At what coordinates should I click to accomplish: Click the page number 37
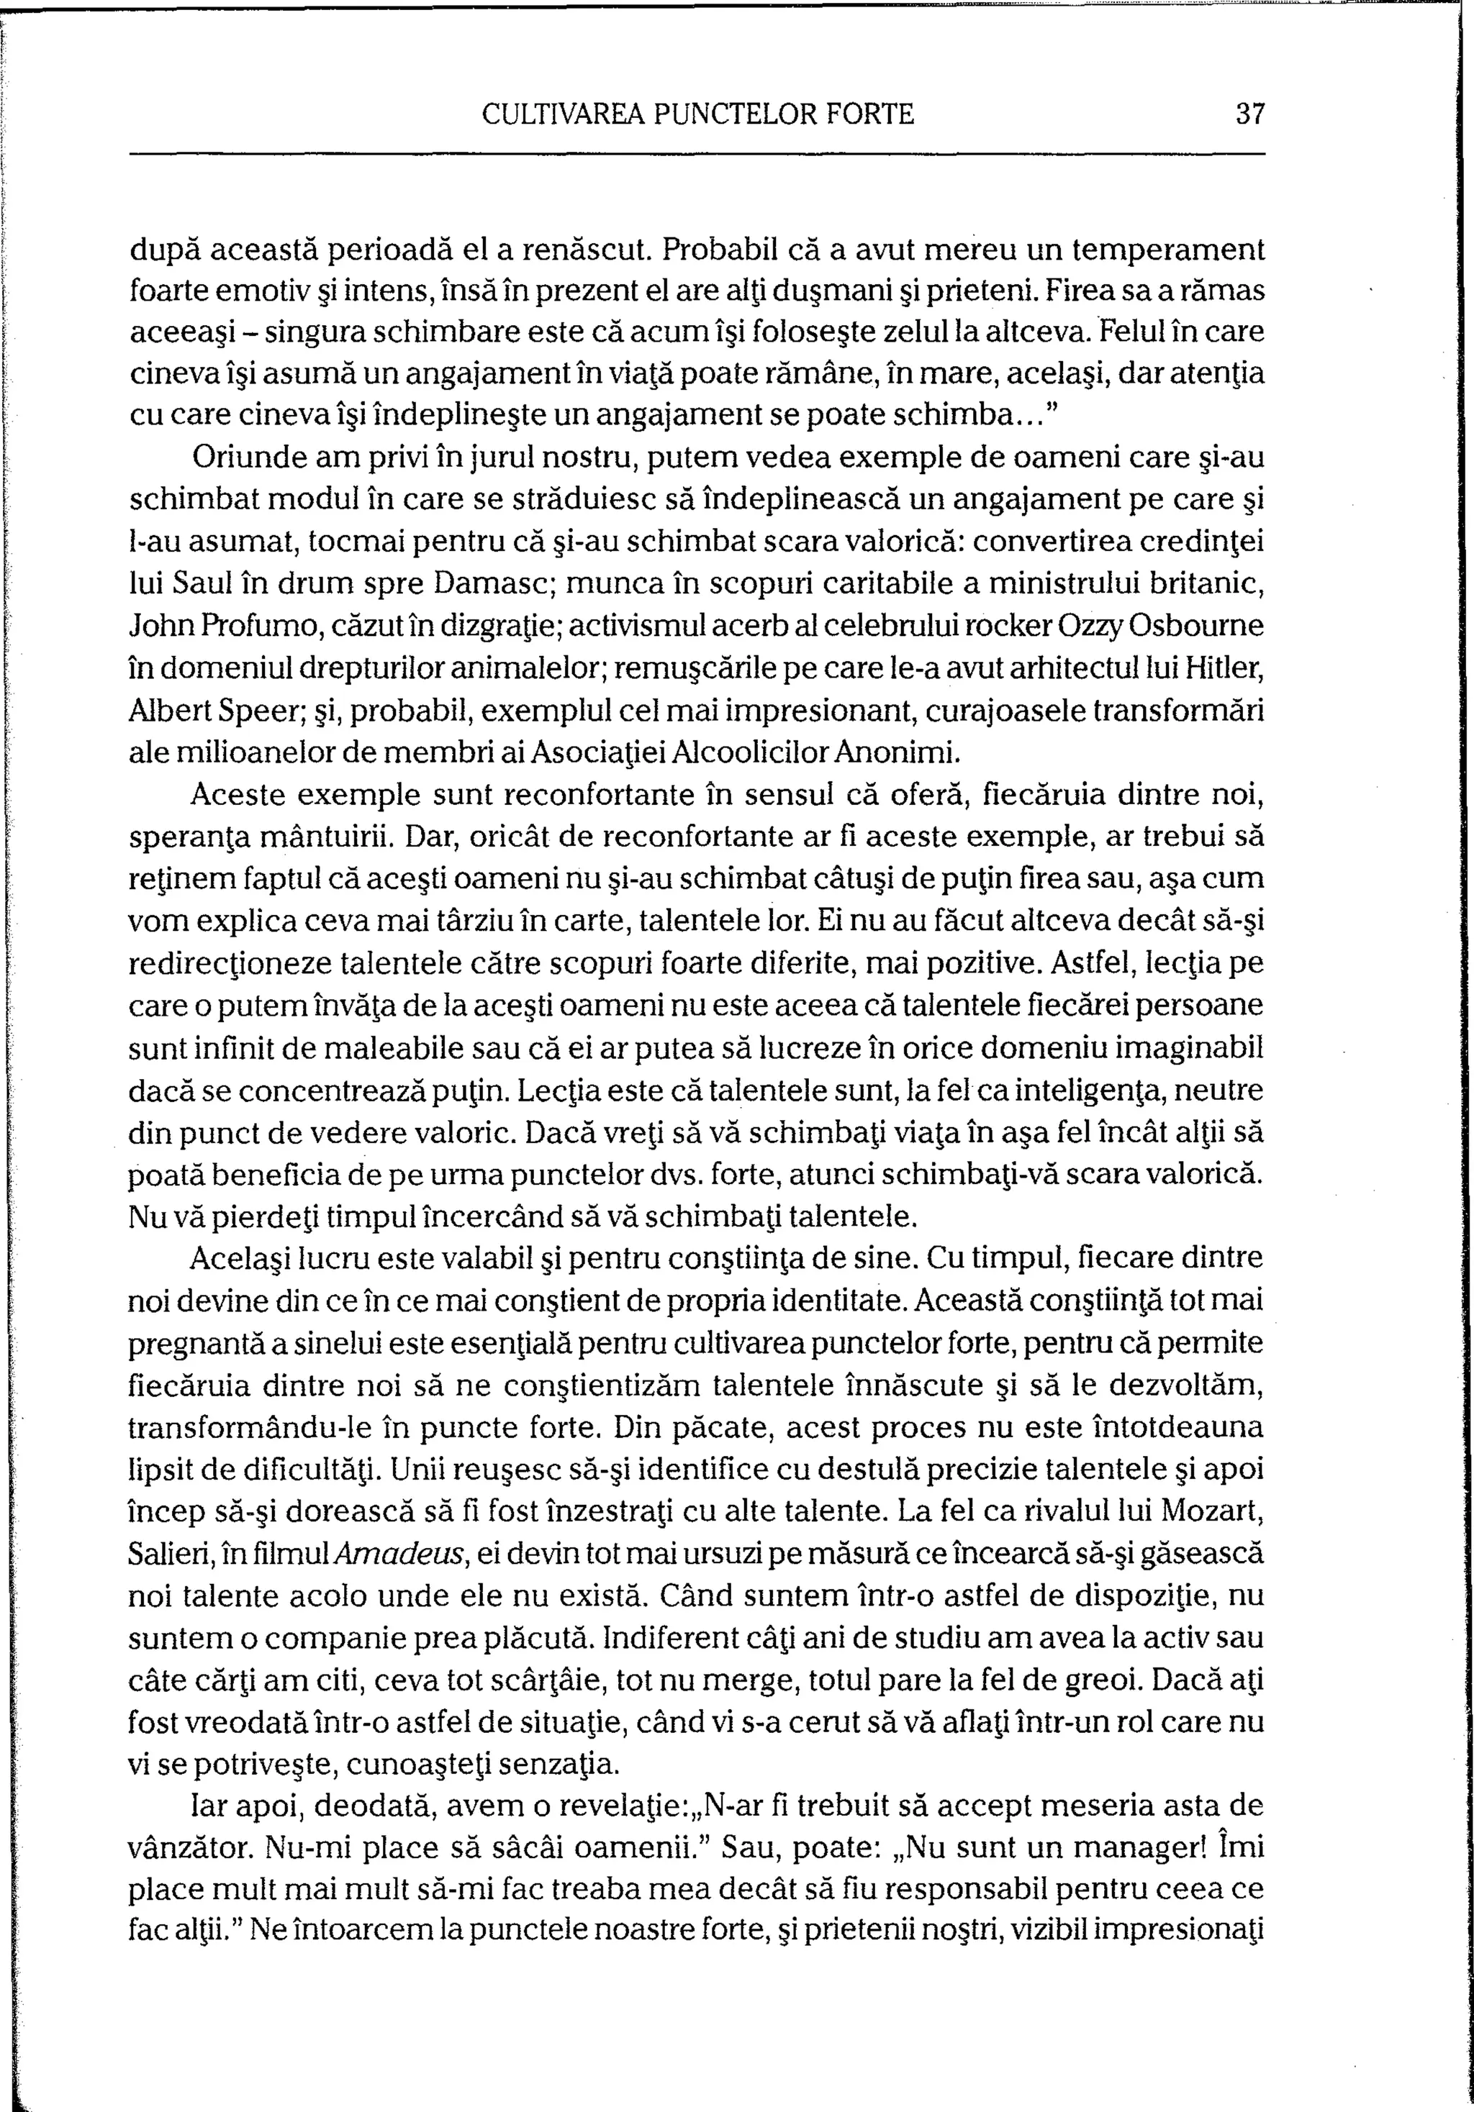click(x=1252, y=114)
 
